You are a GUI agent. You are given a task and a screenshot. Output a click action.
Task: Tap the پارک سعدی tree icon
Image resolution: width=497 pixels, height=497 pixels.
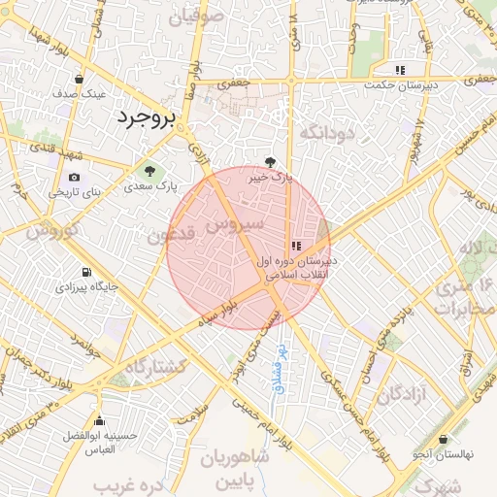[148, 171]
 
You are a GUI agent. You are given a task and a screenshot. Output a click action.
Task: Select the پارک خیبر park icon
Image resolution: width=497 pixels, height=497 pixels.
[271, 162]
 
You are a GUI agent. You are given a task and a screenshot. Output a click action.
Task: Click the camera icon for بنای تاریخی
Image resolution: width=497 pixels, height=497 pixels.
[75, 177]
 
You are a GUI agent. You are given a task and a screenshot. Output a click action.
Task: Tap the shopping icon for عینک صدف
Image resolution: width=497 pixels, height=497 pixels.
[79, 80]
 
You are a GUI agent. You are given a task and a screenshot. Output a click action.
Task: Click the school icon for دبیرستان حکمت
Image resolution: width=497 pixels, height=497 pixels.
[400, 69]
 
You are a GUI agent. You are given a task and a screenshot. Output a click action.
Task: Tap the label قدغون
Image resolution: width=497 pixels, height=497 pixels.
[172, 235]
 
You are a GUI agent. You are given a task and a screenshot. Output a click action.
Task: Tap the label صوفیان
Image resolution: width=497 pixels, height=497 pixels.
[195, 17]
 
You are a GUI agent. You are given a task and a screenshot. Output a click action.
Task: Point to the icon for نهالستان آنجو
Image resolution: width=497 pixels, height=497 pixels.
[443, 439]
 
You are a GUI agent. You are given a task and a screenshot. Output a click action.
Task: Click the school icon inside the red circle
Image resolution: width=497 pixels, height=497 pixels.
[296, 247]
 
